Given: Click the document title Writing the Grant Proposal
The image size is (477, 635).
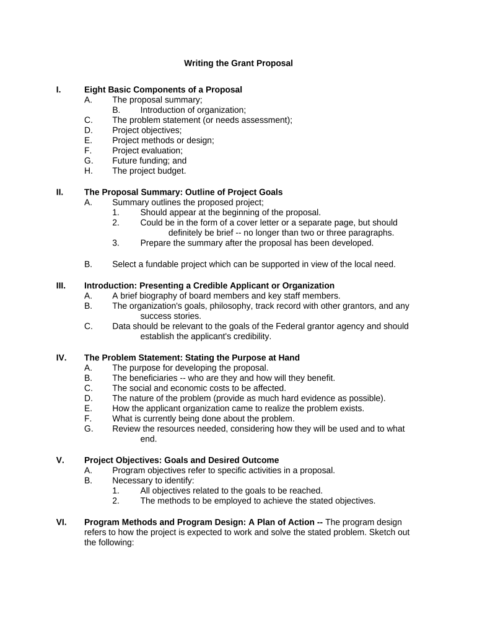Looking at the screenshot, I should point(239,63).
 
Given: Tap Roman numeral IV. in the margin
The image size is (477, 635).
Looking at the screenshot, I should point(61,358).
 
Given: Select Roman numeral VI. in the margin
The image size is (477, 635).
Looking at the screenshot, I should point(61,522).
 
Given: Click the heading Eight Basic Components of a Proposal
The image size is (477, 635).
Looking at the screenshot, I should point(163,90).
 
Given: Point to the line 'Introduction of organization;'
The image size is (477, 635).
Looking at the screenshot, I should point(193,110).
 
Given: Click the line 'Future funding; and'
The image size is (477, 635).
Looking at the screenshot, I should point(149,161).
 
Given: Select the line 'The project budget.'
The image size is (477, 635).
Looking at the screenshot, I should point(149,171).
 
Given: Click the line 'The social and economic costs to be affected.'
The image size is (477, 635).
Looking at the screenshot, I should point(199,388).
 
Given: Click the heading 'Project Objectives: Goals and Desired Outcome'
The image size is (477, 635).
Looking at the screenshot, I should point(182,460).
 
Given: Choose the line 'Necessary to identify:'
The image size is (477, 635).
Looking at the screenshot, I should point(153,481).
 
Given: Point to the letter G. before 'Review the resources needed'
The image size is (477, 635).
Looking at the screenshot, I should point(89,429).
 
